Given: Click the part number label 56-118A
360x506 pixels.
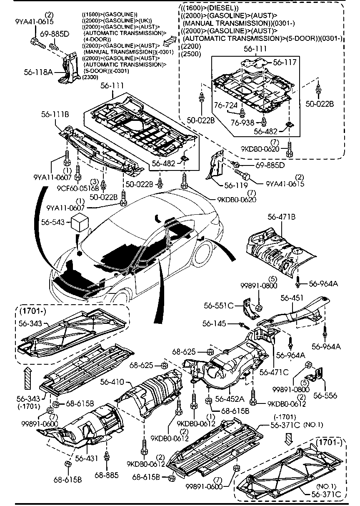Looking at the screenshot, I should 38,72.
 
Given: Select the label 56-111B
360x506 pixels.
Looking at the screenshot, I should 55,114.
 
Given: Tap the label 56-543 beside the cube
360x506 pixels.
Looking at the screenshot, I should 53,223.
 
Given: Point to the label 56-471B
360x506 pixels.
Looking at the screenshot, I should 282,217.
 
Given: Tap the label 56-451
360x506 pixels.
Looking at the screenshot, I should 292,298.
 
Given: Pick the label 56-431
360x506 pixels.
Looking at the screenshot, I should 86,458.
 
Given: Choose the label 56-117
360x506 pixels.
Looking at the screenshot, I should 285,62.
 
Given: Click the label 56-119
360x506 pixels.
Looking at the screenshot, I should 236,185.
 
